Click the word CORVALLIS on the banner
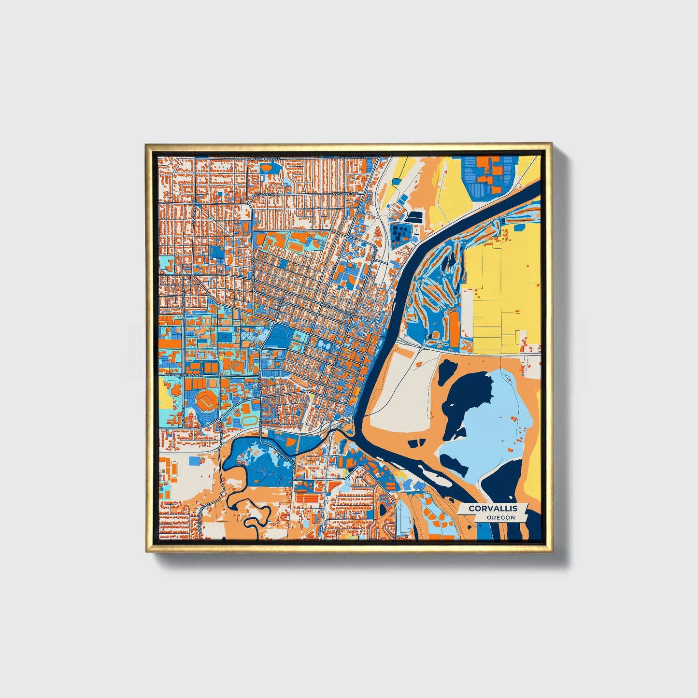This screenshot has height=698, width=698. [493, 508]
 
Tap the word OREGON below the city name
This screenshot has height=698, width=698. [500, 518]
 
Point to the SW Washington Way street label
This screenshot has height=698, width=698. [182, 374]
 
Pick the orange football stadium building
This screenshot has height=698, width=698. [207, 400]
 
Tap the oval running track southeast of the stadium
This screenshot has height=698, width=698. [250, 420]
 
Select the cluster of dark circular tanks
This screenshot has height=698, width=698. [399, 232]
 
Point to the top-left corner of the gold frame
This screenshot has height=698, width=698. [146, 144]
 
